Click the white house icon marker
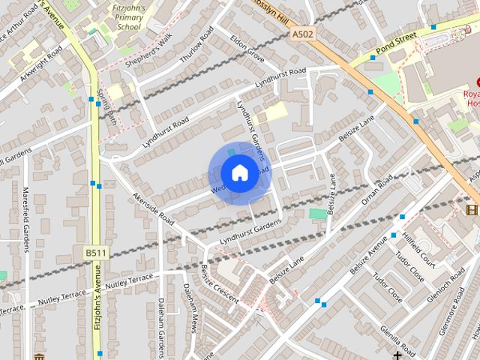pyautogui.click(x=239, y=172)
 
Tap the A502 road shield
pyautogui.click(x=302, y=34)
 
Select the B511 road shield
pyautogui.click(x=94, y=253)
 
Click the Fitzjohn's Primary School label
pyautogui.click(x=128, y=16)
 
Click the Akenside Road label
pyautogui.click(x=153, y=209)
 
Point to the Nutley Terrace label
pyautogui.click(x=128, y=283)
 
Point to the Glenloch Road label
pyautogui.click(x=446, y=288)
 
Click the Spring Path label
pyautogui.click(x=106, y=105)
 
